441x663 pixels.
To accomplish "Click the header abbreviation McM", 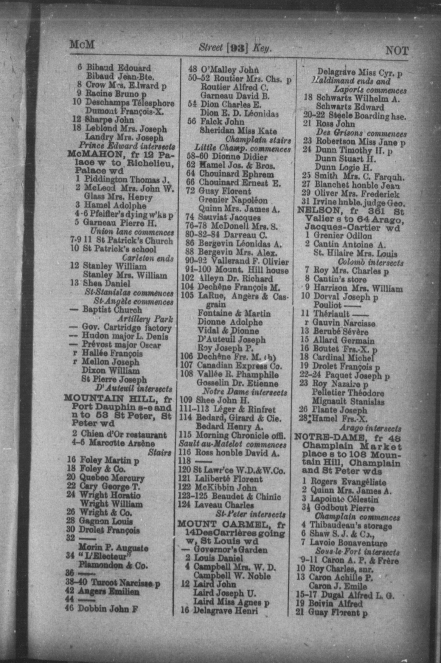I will point(82,45).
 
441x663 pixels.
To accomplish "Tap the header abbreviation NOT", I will point(397,51).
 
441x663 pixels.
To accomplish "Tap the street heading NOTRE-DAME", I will point(326,437).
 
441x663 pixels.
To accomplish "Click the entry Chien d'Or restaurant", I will point(124,435).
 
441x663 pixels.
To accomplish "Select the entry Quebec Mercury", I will point(112,478).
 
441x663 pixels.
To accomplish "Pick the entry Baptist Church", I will point(112,310).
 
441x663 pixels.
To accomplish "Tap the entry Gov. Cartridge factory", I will point(127,328).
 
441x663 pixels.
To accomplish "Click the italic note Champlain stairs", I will point(258,140).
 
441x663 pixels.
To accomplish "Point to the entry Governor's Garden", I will point(230,549).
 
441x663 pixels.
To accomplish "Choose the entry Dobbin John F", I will point(108,608).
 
